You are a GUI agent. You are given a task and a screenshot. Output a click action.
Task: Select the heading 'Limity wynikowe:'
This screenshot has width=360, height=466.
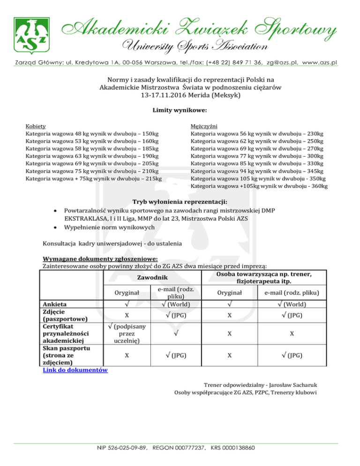point(180,111)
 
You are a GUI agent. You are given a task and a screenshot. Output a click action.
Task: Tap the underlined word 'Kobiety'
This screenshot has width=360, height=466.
point(36,127)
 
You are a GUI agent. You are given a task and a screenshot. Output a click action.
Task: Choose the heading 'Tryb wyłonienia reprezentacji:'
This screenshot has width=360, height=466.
point(180,202)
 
